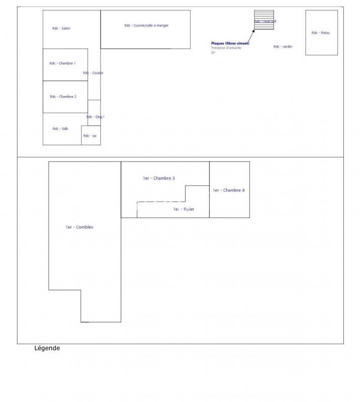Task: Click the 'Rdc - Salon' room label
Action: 61,29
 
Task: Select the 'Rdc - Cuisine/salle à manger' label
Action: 146,25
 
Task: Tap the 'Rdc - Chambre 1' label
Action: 62,63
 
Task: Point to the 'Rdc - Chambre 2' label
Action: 63,96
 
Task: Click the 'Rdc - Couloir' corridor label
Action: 93,73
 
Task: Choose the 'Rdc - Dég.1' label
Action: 95,117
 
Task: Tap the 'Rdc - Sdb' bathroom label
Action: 60,129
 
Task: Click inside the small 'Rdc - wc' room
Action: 91,136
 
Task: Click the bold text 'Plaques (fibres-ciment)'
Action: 230,44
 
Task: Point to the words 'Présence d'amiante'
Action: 226,48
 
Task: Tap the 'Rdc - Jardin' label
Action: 283,47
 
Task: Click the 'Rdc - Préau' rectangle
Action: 321,33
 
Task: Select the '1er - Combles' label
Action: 79,227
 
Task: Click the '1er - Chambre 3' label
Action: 159,178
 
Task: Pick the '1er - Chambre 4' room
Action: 229,190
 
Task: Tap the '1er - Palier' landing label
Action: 184,209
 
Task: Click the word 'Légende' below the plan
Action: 47,348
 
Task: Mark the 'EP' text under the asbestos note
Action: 213,53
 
